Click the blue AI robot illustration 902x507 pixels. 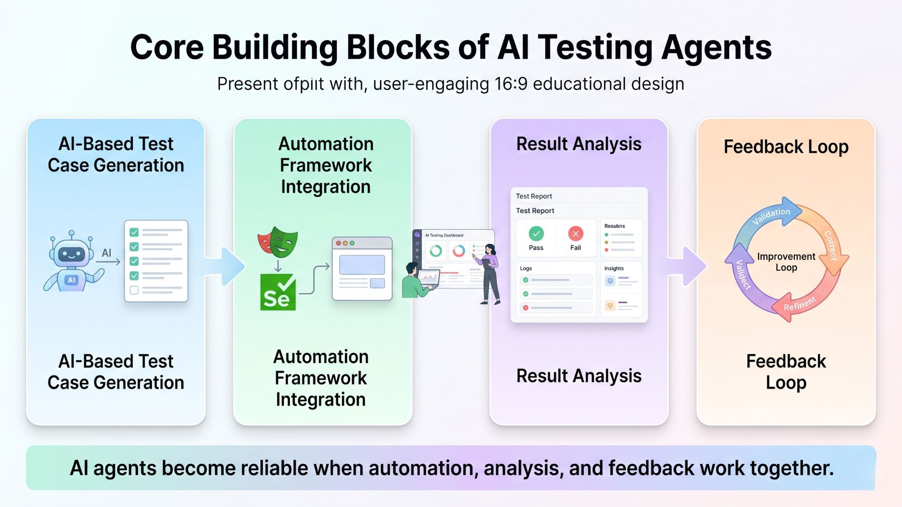71,262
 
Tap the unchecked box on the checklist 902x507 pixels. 134,290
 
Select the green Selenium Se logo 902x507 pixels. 278,292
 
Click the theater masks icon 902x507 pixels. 278,242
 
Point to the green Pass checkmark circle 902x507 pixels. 536,233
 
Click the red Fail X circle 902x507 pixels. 575,233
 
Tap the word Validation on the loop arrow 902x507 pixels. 771,215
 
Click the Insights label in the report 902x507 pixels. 614,269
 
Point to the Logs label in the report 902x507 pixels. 526,269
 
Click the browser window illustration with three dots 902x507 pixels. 362,269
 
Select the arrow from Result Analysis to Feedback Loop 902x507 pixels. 688,266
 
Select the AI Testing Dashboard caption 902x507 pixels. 444,235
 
